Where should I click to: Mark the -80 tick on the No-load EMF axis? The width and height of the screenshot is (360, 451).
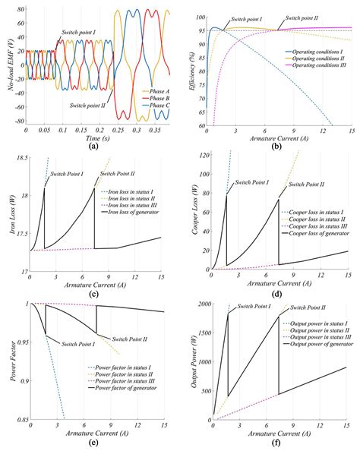pos(17,121)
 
